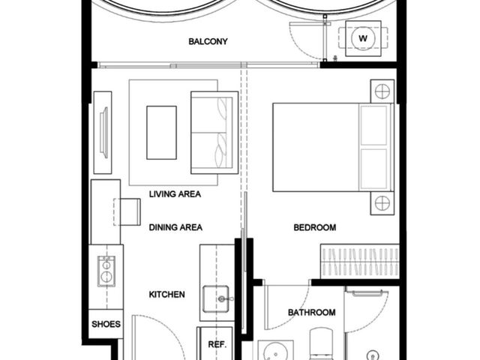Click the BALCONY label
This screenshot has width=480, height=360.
208,41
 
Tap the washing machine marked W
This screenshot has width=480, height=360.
363,38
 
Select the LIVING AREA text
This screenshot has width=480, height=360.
175,193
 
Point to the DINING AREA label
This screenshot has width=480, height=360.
175,227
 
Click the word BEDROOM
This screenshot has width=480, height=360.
315,227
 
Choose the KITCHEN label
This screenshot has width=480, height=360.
166,295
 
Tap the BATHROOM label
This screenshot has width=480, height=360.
312,312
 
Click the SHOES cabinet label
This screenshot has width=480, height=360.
106,324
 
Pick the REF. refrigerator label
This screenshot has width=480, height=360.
217,344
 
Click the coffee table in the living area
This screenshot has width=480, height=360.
162,133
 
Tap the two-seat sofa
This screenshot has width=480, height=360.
214,133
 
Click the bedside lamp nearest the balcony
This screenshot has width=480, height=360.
382,91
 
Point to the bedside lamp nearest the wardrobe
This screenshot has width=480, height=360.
382,203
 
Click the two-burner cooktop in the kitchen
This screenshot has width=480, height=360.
106,271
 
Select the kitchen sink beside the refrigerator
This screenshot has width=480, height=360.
216,298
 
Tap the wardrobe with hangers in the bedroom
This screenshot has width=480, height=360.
360,262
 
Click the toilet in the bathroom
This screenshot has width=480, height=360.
321,343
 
